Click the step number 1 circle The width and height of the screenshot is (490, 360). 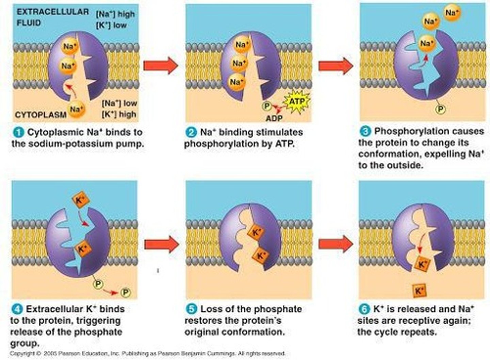[18, 132]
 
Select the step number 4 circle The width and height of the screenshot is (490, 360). [17, 309]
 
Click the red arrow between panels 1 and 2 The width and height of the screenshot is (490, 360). [160, 66]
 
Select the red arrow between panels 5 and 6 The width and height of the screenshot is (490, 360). [335, 243]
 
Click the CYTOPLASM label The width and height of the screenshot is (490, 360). [40, 115]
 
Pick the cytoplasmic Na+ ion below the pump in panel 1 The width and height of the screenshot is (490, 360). [76, 109]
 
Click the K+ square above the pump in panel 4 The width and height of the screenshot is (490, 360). [81, 200]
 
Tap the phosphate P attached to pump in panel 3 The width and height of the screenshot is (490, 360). [440, 109]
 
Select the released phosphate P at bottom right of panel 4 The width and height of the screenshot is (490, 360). [125, 292]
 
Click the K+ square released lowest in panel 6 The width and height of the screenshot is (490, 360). [419, 291]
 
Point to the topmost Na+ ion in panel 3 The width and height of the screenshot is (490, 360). [452, 13]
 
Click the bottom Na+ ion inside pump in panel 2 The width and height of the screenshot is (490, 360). [236, 82]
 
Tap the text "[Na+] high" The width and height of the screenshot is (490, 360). [115, 14]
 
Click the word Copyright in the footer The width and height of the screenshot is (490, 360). [22, 354]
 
